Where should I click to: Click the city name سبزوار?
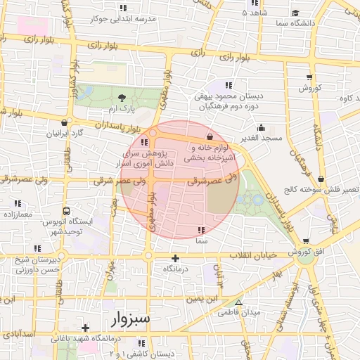coord(131,319)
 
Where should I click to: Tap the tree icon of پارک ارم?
coord(122,98)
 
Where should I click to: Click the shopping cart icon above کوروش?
coord(309,77)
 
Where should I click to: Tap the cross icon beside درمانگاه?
coord(176,258)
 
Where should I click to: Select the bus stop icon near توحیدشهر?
coord(66,210)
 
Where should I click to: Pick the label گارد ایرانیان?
coord(65,133)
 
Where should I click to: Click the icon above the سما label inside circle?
coord(202,230)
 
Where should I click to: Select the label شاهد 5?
coord(254,13)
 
